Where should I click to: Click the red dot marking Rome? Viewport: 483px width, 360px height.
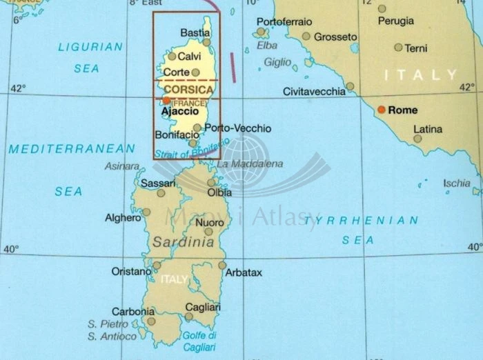(x=381, y=110)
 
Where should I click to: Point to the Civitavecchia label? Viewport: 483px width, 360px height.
(x=314, y=92)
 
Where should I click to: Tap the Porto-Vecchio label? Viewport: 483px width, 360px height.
(x=233, y=128)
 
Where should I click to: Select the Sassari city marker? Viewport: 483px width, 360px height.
(x=161, y=194)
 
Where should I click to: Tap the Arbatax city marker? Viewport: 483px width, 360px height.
(x=222, y=265)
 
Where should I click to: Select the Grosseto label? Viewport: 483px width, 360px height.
(x=335, y=37)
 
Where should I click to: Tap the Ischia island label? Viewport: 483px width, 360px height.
(x=457, y=183)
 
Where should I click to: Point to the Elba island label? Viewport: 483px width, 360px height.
(x=267, y=46)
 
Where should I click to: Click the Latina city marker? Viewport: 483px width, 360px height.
(x=417, y=138)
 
